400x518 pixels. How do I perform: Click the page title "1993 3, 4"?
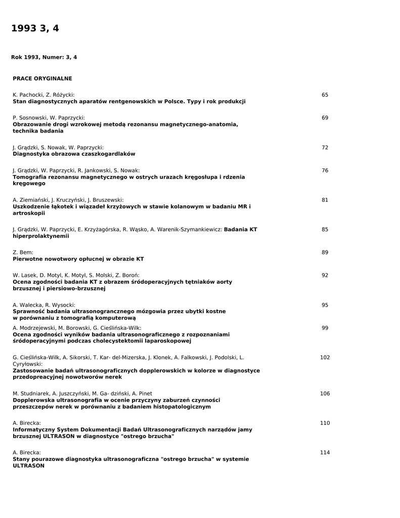(35, 28)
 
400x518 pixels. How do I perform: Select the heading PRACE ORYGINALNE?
(42, 78)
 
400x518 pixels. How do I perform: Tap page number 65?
(325, 95)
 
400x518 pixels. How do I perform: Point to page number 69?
(325, 118)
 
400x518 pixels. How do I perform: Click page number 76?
(325, 170)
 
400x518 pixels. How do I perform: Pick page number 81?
(325, 200)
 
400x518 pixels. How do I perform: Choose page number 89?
(325, 252)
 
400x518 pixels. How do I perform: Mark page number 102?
(325, 357)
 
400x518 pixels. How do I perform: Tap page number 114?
(325, 452)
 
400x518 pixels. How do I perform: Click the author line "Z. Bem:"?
(23, 252)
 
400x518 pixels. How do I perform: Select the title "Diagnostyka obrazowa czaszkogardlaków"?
(74, 154)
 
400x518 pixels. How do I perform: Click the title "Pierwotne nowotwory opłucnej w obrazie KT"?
(78, 259)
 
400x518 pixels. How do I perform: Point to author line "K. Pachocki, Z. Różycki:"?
(43, 95)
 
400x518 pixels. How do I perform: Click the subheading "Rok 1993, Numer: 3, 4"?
(44, 57)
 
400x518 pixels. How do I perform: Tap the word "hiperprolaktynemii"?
(40, 236)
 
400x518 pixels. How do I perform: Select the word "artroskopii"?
(29, 213)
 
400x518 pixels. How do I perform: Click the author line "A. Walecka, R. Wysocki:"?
(44, 305)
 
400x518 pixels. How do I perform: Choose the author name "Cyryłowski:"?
(28, 364)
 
